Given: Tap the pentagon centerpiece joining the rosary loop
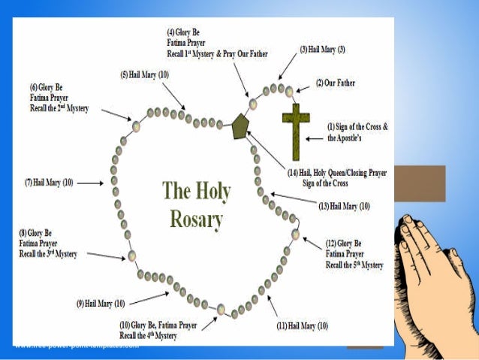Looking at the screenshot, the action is (x=240, y=126).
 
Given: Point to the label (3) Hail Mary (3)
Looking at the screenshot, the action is (x=323, y=50).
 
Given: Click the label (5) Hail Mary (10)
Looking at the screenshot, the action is (x=144, y=75).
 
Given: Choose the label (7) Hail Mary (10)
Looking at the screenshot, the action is (x=50, y=183).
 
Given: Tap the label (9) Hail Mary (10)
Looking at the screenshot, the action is (x=100, y=303).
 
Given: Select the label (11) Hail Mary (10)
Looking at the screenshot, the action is (x=303, y=325).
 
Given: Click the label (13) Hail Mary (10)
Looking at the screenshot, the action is (x=345, y=206).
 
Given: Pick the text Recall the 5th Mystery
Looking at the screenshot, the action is (x=354, y=265).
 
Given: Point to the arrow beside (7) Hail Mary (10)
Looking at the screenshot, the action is (x=90, y=183).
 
